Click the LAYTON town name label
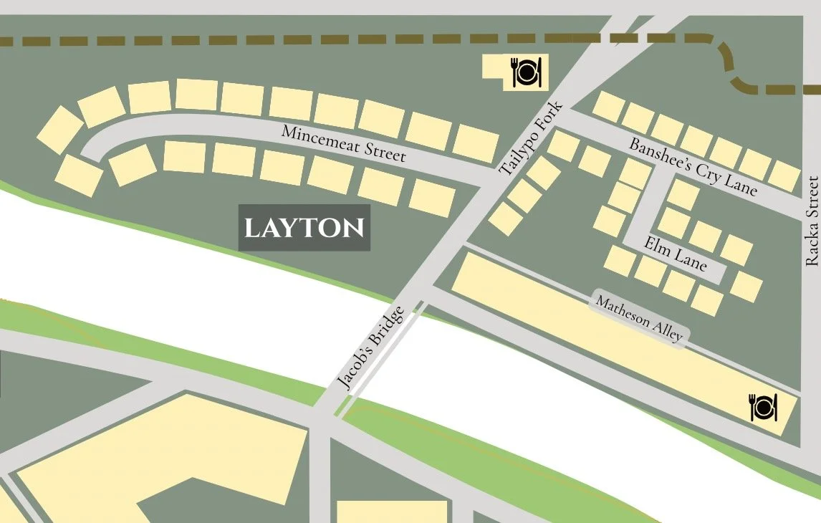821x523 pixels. click(x=304, y=229)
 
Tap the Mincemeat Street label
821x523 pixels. click(x=344, y=143)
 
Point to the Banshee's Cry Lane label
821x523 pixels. click(x=692, y=166)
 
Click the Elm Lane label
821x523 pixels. click(x=675, y=254)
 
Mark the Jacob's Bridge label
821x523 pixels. click(x=370, y=349)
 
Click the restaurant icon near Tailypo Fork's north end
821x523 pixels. click(x=527, y=72)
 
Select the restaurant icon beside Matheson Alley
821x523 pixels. click(x=763, y=407)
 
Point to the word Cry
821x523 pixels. click(x=704, y=171)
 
